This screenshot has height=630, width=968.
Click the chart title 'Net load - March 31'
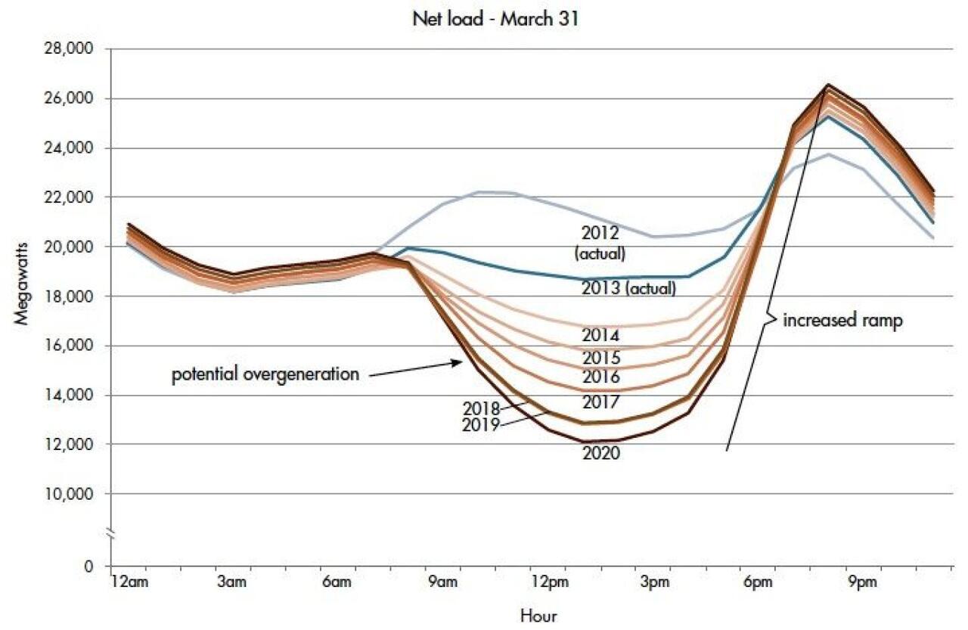coord(495,19)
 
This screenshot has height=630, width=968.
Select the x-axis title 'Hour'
coord(538,616)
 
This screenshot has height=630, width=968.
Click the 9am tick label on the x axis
coord(442,582)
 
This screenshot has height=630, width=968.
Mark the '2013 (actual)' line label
coord(628,288)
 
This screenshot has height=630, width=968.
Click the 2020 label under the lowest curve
coord(601,454)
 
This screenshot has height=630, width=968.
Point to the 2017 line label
coord(601,402)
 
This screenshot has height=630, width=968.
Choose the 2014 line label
coord(601,335)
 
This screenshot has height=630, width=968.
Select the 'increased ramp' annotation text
coord(842,320)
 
